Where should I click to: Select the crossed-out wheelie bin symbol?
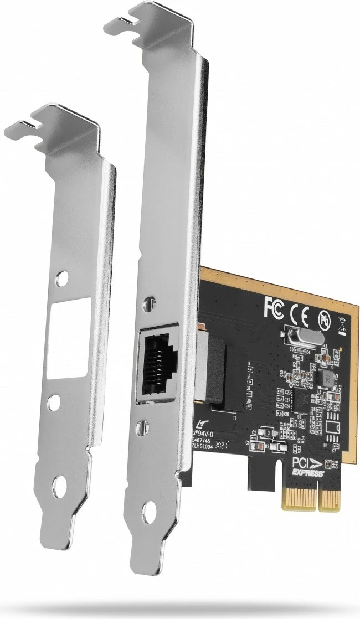coord(342,324)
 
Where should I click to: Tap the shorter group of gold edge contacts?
coord(331,499)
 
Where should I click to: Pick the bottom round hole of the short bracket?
coord(59,488)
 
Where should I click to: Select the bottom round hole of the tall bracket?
coord(149,512)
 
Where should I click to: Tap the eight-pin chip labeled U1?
coord(333,426)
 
